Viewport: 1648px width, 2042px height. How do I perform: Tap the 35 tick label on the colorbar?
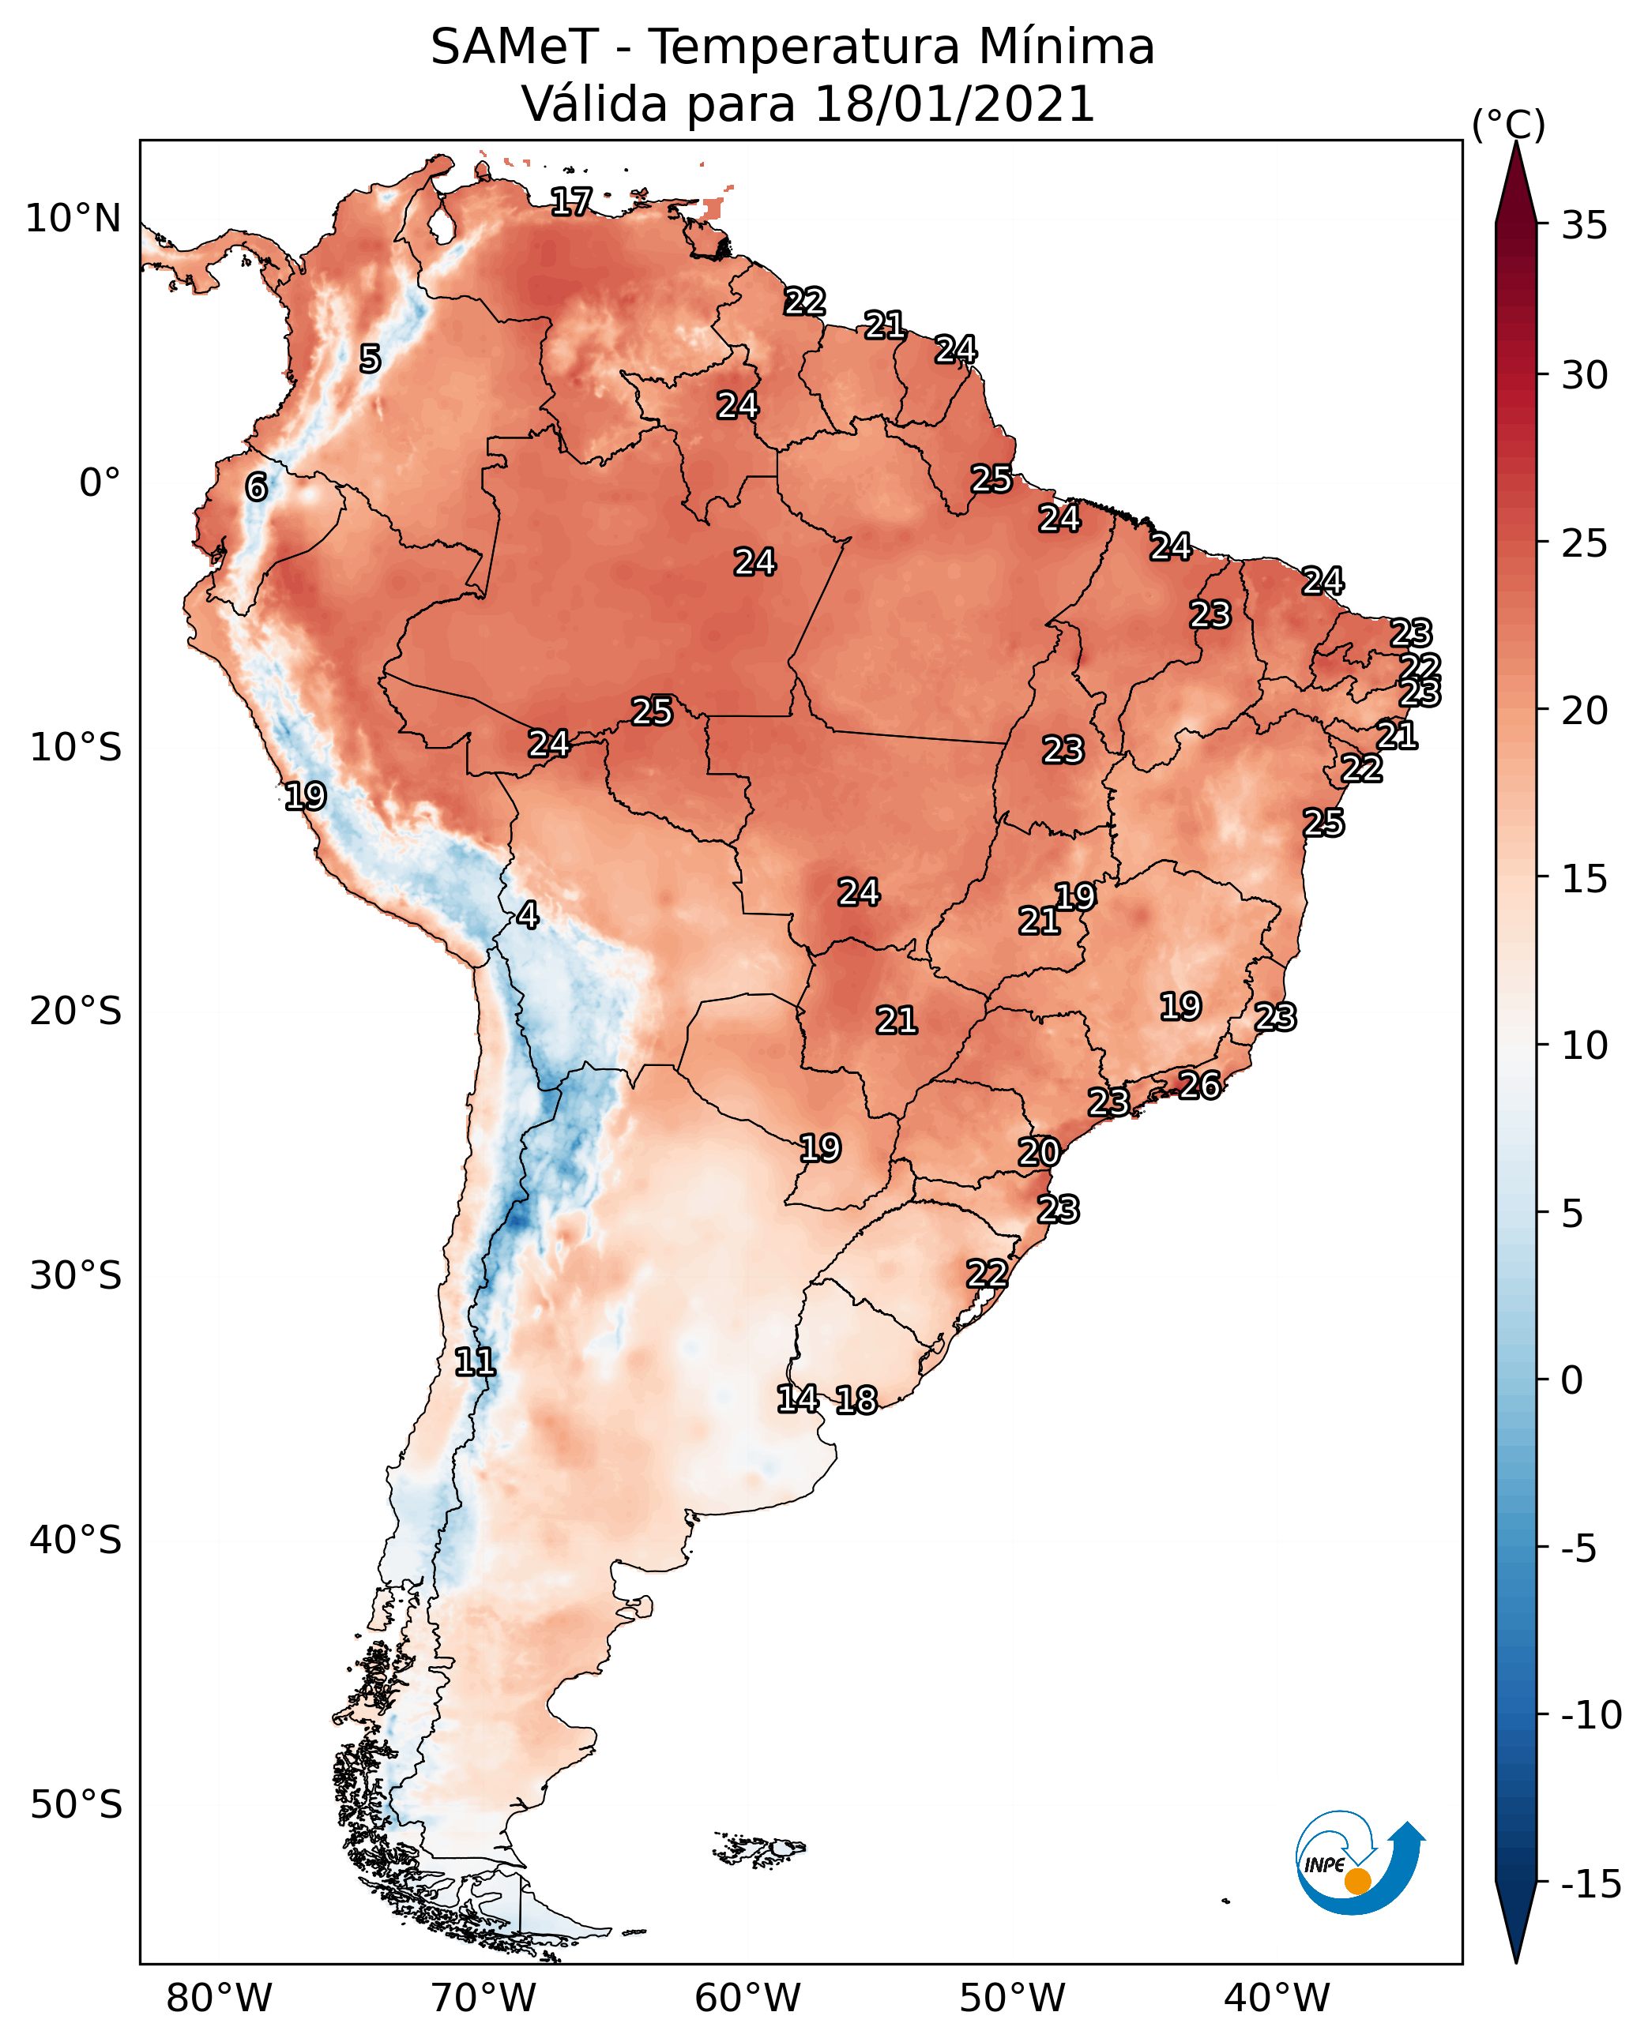[1584, 226]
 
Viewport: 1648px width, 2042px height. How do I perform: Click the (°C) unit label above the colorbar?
[1508, 124]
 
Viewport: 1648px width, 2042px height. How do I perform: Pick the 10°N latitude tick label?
[73, 220]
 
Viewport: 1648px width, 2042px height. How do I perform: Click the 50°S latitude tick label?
[76, 1804]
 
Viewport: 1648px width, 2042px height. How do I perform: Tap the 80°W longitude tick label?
[220, 1999]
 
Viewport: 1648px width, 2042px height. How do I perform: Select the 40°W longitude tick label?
[1277, 1999]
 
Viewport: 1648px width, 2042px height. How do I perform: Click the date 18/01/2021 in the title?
[954, 104]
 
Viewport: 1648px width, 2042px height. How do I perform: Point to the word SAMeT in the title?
[514, 47]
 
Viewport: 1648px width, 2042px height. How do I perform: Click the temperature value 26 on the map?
[1200, 1085]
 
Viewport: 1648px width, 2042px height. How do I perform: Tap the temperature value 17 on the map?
[571, 201]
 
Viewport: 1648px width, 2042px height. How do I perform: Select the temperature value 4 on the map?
[528, 914]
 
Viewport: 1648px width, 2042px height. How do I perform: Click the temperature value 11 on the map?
[475, 1363]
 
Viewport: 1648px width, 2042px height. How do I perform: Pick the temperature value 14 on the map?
[797, 1398]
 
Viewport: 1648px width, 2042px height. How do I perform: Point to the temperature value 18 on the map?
[856, 1401]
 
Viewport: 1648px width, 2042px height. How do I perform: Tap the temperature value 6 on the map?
[256, 486]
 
